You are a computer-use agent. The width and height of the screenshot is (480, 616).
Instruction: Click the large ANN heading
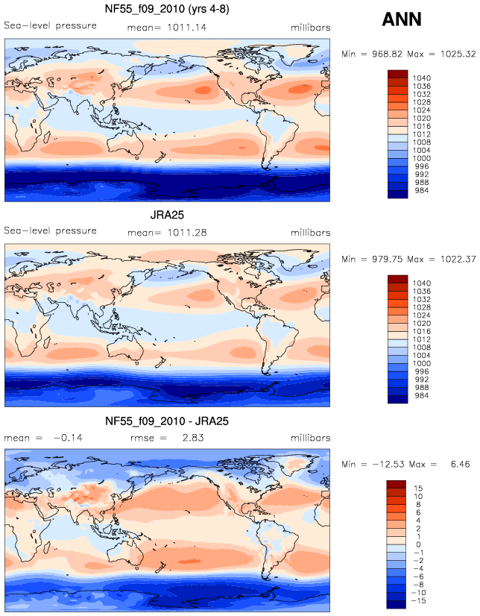click(402, 19)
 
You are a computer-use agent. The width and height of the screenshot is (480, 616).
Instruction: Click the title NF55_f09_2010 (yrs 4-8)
click(167, 9)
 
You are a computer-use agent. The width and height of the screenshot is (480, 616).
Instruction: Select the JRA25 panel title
click(167, 215)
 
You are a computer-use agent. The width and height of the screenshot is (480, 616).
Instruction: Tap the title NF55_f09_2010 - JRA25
click(167, 421)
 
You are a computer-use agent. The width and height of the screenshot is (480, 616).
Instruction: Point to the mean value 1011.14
click(187, 28)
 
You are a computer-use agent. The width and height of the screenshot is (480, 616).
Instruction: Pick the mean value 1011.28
click(187, 233)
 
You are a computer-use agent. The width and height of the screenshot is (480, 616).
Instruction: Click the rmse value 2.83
click(193, 438)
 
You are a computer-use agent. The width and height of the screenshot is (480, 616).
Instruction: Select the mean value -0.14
click(68, 438)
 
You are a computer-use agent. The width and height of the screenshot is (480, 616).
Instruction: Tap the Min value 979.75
click(388, 259)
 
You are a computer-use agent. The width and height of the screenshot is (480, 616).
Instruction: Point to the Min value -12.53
click(388, 465)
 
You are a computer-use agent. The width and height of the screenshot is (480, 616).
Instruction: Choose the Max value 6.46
click(460, 465)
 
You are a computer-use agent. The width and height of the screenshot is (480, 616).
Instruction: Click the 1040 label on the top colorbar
click(422, 78)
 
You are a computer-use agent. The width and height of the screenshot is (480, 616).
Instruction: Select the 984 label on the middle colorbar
click(422, 395)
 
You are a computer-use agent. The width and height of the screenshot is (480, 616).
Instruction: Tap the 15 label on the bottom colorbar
click(418, 488)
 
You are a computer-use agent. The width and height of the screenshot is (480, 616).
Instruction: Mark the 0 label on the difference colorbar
click(418, 544)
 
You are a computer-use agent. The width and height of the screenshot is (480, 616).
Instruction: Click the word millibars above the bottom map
click(311, 438)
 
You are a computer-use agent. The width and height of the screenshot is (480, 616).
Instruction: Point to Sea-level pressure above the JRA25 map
click(50, 230)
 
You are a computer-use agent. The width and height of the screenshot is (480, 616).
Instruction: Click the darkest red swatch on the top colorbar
click(397, 74)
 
